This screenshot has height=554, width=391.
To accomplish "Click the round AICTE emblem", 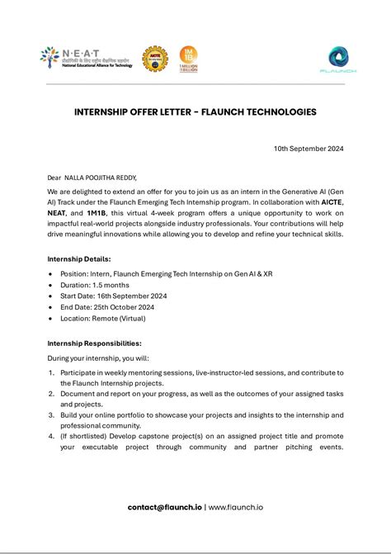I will click(153, 59).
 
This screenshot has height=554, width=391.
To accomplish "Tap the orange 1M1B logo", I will click(188, 59).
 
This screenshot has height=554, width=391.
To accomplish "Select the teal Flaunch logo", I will click(337, 59).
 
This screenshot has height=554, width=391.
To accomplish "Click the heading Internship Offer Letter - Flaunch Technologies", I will click(195, 112).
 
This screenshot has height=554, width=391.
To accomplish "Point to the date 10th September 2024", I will click(309, 149).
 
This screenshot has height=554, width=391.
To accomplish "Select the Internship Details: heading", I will click(80, 259).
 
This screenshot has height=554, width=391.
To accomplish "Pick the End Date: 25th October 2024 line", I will click(106, 306).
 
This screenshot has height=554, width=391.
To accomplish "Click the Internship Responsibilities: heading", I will click(94, 343).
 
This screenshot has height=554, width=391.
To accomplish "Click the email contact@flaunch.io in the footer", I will click(164, 507).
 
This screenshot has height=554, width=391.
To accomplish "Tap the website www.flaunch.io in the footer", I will click(236, 507).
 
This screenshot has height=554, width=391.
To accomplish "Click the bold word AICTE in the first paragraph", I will click(332, 201).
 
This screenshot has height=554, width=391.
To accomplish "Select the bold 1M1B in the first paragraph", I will click(97, 212).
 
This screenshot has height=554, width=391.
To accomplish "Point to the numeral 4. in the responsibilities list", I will click(51, 437).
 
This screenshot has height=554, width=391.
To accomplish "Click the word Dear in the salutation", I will click(54, 178).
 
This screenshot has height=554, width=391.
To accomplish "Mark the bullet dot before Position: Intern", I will click(51, 272).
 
